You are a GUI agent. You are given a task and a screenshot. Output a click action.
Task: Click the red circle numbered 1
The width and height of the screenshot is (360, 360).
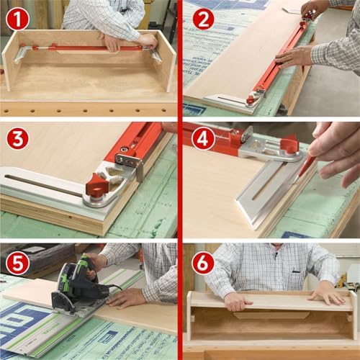point(17,17)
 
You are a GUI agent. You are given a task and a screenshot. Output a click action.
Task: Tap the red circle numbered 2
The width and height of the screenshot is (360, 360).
point(203,17)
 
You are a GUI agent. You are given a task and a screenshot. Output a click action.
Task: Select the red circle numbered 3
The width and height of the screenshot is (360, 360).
point(17,137)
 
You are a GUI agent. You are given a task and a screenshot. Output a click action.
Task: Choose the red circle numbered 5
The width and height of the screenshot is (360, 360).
point(17,262)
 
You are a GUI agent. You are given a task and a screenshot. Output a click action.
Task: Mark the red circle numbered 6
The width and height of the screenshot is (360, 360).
point(203,262)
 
